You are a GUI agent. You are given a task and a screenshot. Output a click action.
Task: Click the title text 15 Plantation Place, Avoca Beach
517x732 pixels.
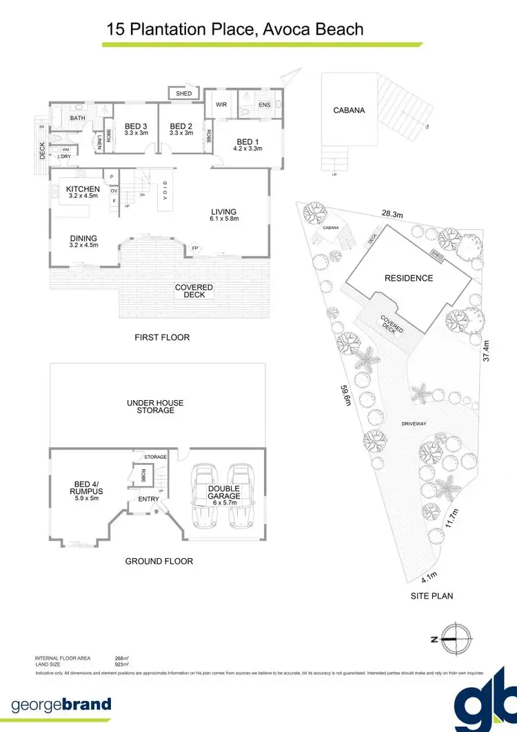click(234, 29)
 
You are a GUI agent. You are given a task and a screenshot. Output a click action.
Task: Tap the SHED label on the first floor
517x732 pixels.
click(183, 94)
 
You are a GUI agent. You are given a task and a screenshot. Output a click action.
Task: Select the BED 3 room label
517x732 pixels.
click(136, 126)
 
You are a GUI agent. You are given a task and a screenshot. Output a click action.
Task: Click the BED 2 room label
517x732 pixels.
click(181, 126)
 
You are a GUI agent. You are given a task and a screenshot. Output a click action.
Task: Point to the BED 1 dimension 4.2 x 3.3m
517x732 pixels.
click(247, 148)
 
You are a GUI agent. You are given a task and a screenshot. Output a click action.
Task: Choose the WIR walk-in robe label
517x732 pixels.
click(222, 105)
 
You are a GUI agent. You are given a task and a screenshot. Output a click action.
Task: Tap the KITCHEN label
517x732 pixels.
click(83, 189)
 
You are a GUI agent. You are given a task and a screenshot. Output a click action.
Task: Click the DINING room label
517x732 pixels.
click(83, 239)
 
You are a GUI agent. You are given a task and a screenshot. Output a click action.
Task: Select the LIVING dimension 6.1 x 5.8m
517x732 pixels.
click(224, 219)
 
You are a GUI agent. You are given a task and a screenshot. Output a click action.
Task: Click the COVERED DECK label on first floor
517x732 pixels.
click(194, 290)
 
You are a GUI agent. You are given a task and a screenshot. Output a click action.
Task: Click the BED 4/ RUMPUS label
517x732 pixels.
click(87, 488)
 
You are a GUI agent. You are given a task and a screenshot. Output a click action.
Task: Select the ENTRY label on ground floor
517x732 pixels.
click(148, 499)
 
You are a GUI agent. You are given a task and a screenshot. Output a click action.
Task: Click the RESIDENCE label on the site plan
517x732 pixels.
click(409, 278)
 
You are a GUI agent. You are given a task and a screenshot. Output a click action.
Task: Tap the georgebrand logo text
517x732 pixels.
click(61, 704)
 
